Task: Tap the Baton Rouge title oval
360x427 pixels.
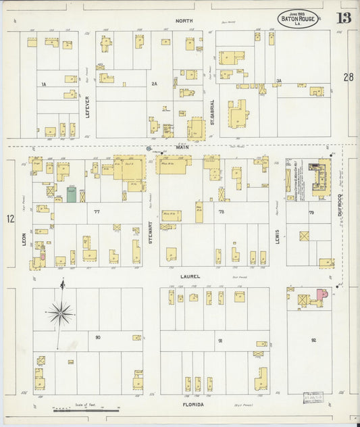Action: point(299,18)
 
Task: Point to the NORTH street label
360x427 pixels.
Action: point(184,21)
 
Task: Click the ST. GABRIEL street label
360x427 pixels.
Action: point(211,111)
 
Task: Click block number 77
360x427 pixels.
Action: point(97,211)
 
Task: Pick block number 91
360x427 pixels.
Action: point(220,341)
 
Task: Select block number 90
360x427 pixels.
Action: point(98,336)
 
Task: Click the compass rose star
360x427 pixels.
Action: point(61,312)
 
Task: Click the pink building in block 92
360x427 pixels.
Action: point(319,295)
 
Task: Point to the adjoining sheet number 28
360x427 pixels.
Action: point(348,78)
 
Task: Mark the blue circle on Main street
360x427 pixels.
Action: point(149,148)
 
